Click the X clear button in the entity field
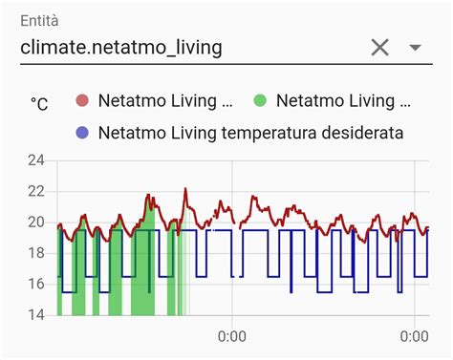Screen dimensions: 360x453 379,47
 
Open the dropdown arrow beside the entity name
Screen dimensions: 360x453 415,47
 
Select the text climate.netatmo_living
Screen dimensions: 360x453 121,47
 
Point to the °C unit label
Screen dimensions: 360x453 39,104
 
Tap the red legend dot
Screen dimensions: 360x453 81,101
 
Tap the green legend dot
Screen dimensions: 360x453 260,101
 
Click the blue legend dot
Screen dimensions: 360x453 81,132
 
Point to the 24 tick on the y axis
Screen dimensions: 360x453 36,160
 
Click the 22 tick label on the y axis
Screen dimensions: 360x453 36,191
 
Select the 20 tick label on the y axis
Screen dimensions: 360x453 36,222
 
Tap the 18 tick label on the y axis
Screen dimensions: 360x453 36,253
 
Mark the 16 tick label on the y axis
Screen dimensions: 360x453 36,284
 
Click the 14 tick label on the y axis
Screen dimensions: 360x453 36,314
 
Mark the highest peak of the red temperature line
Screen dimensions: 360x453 185,189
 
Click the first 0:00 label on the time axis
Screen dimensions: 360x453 232,336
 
